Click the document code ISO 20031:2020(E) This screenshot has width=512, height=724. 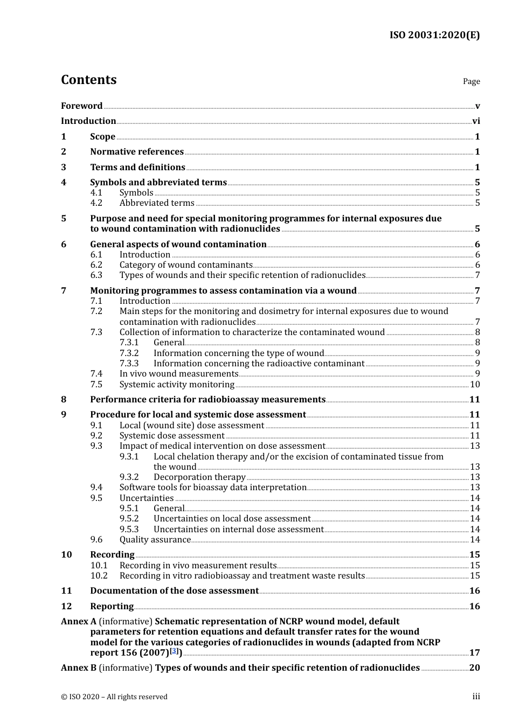pos(434,35)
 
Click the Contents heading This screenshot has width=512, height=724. pos(88,80)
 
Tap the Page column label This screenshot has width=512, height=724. pos(471,81)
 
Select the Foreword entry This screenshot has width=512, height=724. pos(81,106)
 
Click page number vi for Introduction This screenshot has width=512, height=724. pos(476,121)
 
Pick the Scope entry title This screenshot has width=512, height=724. pos(102,137)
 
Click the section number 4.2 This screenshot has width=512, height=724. pos(96,203)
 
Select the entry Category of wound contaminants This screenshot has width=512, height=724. pos(186,265)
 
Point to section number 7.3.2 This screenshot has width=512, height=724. pos(129,353)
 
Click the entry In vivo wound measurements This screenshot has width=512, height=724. pos(179,374)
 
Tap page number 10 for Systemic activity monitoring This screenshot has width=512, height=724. pos(475,385)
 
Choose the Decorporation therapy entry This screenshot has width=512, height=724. pos(199,477)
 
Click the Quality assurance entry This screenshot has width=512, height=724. pos(155,540)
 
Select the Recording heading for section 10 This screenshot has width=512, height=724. pos(112,555)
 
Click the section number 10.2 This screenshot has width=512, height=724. pos(99,576)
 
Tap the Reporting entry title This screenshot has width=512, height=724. pos(112,607)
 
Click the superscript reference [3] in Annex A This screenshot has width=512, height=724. pos(174,651)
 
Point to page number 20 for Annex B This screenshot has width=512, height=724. pos(474,668)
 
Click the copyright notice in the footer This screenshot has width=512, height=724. pos(114,697)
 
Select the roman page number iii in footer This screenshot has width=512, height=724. pos(476,697)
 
